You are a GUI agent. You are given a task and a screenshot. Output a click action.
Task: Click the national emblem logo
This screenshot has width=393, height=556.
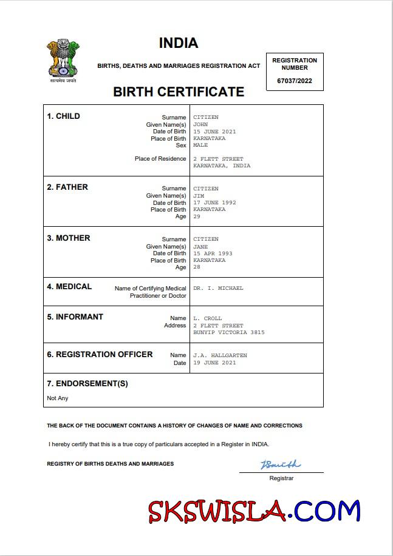coord(63,60)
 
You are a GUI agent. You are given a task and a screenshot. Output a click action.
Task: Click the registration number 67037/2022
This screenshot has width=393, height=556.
coord(295,81)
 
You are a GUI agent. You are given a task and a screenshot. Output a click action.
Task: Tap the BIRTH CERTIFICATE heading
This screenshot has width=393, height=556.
coord(179,92)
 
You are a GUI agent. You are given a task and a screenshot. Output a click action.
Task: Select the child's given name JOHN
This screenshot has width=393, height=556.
coord(200,124)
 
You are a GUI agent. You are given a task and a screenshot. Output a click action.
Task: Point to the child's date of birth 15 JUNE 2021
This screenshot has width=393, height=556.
coord(214,132)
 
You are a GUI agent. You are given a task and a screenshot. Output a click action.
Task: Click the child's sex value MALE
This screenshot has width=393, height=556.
coord(200,146)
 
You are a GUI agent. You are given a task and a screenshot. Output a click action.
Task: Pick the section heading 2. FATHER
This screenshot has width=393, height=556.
coord(67,187)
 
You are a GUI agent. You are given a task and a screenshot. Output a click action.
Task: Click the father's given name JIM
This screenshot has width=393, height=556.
coord(199,196)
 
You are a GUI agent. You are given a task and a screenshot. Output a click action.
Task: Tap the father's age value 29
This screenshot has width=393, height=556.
coord(197,216)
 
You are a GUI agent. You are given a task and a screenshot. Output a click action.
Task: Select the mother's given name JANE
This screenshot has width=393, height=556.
coord(200,247)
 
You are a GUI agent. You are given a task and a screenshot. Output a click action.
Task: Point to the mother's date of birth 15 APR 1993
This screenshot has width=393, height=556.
coord(213,253)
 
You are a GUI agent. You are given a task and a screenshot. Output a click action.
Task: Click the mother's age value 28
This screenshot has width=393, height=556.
coord(197,267)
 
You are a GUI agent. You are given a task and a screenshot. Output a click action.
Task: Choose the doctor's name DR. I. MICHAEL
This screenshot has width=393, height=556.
coord(218,289)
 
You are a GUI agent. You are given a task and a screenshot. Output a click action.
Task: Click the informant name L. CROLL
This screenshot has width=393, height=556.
coord(208,318)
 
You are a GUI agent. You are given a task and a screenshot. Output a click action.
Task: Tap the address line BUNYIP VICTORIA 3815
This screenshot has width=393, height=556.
coord(229,332)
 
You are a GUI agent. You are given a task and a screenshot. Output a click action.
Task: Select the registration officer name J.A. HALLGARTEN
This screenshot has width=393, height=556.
coord(220,355)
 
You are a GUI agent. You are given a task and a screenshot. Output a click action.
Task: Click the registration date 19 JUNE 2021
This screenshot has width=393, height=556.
coord(214,363)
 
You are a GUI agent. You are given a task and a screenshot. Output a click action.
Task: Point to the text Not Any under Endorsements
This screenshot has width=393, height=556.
coord(58,398)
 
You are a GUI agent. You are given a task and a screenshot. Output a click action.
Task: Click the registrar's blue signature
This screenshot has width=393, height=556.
coord(281,465)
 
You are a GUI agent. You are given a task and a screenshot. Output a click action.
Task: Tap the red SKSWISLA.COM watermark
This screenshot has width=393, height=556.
coord(255,512)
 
